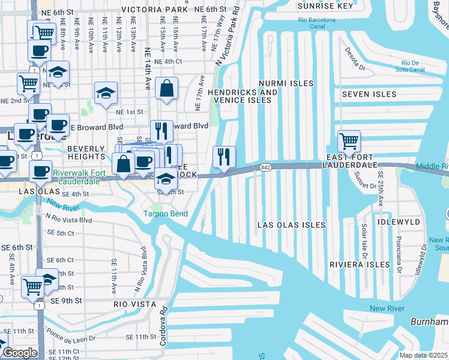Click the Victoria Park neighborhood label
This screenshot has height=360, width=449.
[154, 10]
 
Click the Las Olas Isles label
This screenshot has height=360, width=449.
[291, 225]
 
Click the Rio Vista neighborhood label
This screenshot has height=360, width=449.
[135, 304]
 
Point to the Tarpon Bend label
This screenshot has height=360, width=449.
[165, 214]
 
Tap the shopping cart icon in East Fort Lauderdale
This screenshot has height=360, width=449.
[349, 142]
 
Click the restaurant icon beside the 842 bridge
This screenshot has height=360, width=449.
[224, 157]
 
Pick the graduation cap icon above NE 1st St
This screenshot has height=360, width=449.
[106, 93]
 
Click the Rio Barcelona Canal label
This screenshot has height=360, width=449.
[319, 22]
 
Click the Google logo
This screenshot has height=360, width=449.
[19, 353]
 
